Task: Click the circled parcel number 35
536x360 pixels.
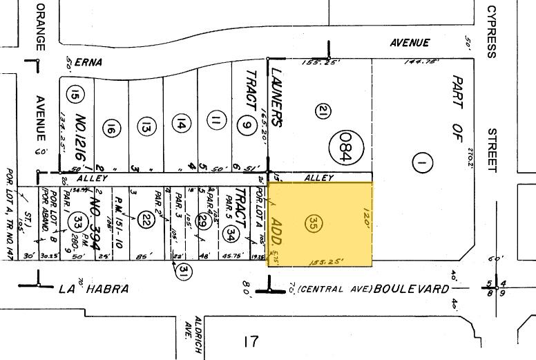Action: [x=310, y=222]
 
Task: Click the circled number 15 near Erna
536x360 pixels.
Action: [x=74, y=96]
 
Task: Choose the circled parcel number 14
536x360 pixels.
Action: [x=181, y=124]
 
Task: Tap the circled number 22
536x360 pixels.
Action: [x=146, y=218]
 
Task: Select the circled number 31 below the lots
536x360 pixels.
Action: [x=184, y=272]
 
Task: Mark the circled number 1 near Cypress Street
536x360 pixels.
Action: [x=420, y=164]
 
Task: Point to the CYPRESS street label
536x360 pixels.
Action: [x=492, y=32]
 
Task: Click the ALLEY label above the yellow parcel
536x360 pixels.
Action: [x=320, y=178]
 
